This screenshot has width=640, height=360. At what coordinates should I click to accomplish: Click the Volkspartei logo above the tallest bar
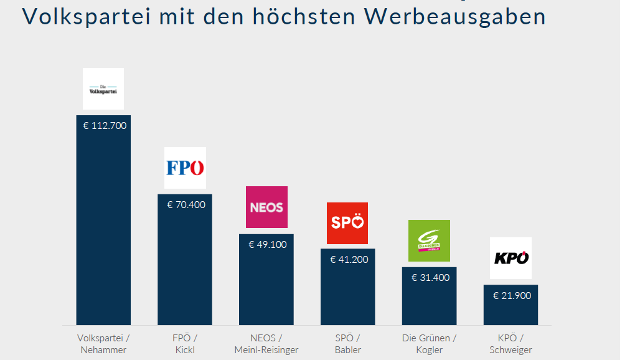103,89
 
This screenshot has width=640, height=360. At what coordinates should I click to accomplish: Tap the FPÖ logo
185,168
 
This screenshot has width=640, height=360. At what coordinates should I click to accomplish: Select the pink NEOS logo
266,207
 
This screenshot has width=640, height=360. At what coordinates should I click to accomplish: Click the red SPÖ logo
347,223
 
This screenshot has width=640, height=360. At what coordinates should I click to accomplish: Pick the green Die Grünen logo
429,240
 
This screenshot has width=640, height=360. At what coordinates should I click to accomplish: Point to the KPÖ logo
511,258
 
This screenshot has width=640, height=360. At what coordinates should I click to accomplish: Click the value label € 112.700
105,125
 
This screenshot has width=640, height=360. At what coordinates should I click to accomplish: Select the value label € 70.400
186,204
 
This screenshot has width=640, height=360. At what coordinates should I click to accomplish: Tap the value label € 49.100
268,244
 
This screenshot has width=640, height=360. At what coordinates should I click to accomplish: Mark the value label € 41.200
349,259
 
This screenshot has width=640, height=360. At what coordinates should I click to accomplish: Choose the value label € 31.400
430,277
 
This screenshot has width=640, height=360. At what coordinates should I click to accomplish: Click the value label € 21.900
512,295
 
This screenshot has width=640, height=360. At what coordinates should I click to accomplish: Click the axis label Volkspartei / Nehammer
103,344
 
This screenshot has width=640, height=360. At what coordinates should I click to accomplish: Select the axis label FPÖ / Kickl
185,344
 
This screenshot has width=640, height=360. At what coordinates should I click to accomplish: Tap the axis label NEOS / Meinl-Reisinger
266,344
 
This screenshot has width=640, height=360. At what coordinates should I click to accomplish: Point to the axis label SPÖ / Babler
347,344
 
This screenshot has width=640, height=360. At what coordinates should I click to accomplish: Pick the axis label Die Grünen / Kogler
429,344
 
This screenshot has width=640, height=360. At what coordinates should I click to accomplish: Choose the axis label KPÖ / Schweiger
511,344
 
